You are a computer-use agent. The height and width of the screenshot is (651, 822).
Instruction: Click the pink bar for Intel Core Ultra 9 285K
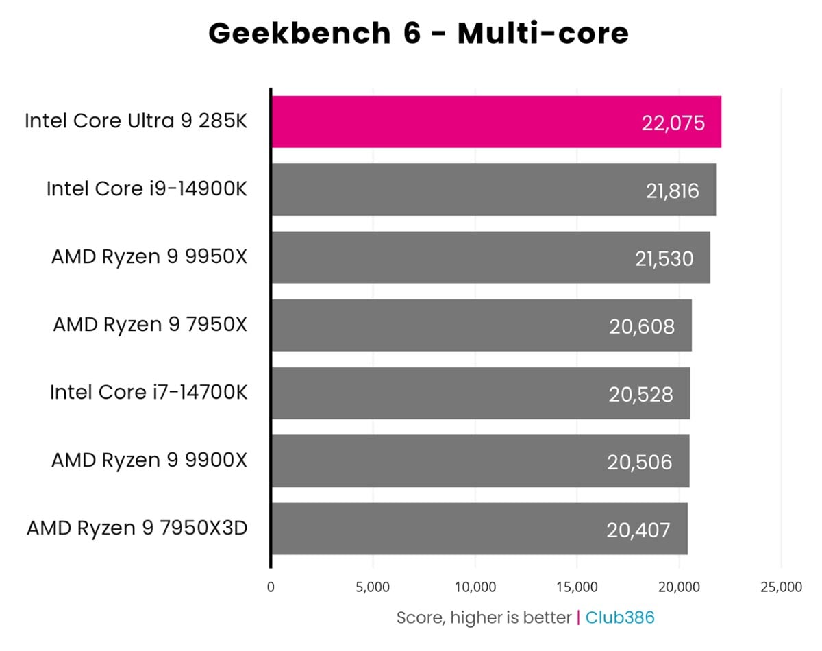click(x=496, y=122)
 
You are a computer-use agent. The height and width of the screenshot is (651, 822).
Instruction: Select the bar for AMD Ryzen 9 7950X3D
click(x=480, y=529)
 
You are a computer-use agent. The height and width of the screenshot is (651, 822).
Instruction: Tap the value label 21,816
click(x=673, y=191)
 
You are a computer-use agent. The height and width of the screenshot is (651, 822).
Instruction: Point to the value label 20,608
click(x=642, y=326)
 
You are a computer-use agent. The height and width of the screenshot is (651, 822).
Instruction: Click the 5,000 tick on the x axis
click(x=373, y=587)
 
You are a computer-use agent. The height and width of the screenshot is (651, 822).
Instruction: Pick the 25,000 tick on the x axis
click(x=781, y=587)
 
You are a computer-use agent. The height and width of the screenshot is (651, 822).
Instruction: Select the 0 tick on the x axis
click(x=271, y=587)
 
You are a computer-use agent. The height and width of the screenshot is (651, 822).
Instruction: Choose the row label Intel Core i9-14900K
click(x=147, y=188)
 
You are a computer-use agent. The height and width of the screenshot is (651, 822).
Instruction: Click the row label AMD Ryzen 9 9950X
click(x=149, y=256)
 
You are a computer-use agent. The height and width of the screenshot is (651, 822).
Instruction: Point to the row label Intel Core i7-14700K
click(x=148, y=392)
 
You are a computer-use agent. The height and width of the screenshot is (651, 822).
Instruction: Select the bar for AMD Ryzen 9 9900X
click(x=480, y=461)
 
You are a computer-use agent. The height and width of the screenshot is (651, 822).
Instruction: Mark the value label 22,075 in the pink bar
click(x=673, y=123)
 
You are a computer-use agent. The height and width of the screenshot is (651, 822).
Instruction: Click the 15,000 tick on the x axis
click(x=577, y=587)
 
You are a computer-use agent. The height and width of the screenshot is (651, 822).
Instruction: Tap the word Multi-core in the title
click(x=543, y=33)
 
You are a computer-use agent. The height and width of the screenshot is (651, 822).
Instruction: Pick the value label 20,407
click(x=638, y=530)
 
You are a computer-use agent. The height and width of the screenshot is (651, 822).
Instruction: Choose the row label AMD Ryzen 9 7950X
click(x=149, y=324)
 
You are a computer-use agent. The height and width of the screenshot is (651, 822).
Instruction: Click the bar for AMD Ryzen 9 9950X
click(x=490, y=258)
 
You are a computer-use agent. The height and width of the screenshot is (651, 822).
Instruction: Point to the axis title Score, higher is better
click(x=484, y=617)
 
